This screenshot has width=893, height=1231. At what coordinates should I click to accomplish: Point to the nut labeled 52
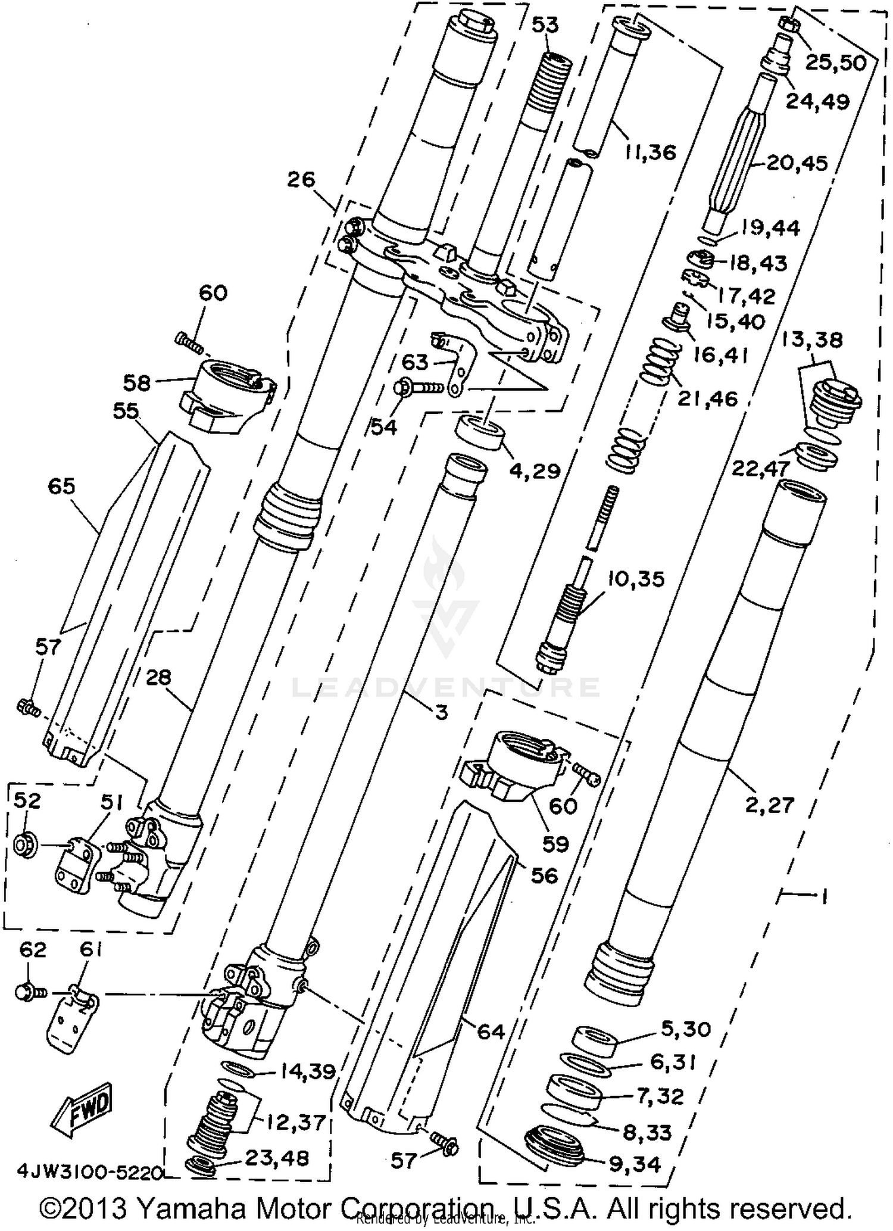(26, 845)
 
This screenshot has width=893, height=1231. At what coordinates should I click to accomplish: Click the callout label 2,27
(769, 805)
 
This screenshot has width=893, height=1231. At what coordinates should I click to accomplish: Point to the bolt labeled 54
(417, 388)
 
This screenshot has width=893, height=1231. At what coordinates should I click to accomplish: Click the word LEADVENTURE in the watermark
(445, 687)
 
